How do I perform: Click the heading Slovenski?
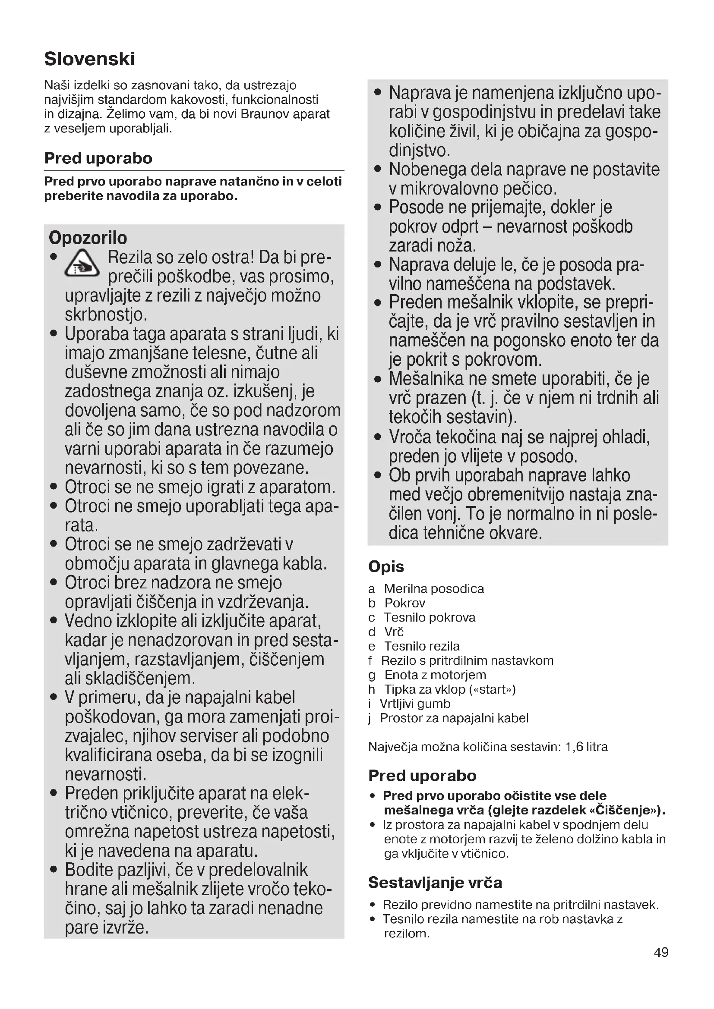click(x=89, y=59)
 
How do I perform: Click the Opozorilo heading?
click(x=88, y=238)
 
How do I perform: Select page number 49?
click(x=661, y=952)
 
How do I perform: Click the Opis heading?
click(x=386, y=566)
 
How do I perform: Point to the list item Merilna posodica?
click(x=433, y=588)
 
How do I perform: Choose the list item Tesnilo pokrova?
click(x=430, y=617)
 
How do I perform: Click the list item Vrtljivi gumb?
click(x=415, y=704)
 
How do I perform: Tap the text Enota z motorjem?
click(x=435, y=675)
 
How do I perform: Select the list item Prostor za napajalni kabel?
click(x=454, y=718)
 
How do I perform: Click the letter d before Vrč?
click(x=372, y=632)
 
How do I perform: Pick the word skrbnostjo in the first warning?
click(x=105, y=314)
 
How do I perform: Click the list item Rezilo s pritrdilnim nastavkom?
click(x=467, y=660)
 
